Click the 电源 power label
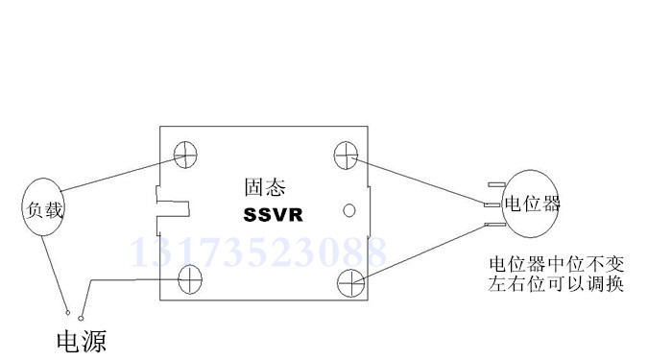pos(81,340)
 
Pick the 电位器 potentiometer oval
pos(533,204)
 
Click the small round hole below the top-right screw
pos(349,209)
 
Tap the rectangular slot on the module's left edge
pos(172,204)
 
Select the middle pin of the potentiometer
pos(492,204)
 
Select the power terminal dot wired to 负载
pos(66,312)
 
